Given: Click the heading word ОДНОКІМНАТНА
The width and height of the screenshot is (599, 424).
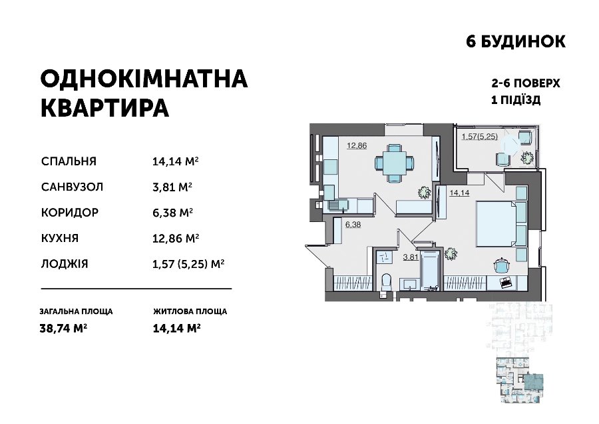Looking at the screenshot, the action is (x=144, y=79).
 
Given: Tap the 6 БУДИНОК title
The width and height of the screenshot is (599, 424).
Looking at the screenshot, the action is (x=516, y=41).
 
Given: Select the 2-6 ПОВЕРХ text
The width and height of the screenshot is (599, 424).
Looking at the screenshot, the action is (x=526, y=83).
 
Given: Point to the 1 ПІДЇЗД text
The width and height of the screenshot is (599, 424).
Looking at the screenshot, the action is (x=516, y=100).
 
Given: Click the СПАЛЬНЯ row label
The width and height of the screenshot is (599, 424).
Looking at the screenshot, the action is (x=69, y=161).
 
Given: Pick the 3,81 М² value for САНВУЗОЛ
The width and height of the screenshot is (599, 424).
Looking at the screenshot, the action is (x=172, y=187).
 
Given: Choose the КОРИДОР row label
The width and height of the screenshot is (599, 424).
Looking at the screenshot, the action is (x=70, y=213).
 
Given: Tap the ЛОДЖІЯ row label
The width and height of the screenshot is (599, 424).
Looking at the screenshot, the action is (x=65, y=264).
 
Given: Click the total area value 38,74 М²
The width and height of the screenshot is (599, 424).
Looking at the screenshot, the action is (x=63, y=328).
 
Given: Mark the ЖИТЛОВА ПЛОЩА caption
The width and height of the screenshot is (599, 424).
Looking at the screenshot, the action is (x=190, y=311).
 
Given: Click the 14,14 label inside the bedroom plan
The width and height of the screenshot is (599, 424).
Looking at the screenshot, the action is (x=459, y=193).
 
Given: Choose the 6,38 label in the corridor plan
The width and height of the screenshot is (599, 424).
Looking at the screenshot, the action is (x=353, y=225).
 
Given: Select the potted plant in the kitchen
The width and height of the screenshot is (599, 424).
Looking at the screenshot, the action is (x=424, y=192).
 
